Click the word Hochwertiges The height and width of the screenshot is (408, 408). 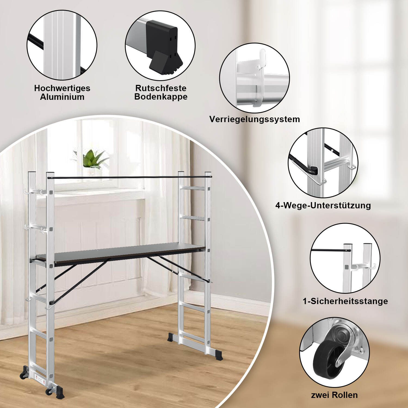point(62,88)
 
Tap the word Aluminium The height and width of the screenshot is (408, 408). point(62,97)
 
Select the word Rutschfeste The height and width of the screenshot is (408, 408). point(161,88)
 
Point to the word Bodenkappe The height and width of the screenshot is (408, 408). point(161,97)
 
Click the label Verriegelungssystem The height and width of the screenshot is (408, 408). point(255,119)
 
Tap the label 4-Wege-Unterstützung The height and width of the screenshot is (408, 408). point(323,205)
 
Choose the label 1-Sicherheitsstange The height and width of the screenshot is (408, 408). point(345,301)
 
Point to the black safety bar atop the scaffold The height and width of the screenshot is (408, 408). point(128,177)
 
